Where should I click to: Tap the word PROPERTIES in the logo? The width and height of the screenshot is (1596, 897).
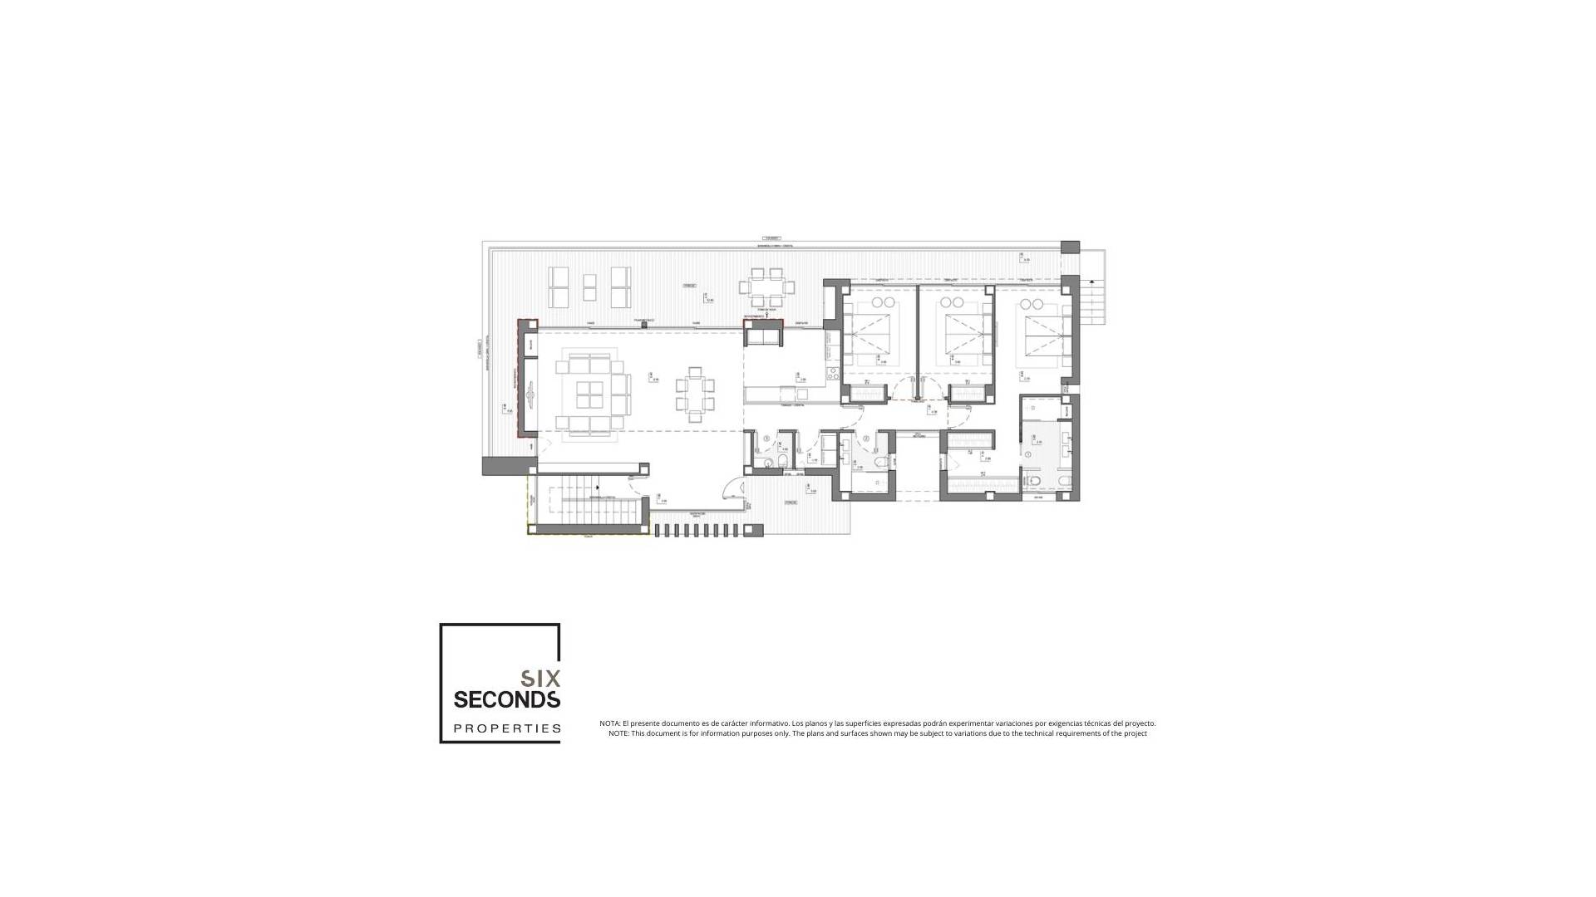(x=507, y=728)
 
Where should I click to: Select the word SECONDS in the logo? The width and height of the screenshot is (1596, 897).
(x=507, y=700)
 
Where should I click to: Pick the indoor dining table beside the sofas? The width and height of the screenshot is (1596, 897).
(x=694, y=395)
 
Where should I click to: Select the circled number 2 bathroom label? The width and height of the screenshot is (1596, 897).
(x=866, y=439)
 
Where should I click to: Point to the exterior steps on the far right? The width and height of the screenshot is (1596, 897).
(x=1092, y=302)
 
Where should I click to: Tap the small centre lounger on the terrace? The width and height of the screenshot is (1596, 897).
(x=589, y=287)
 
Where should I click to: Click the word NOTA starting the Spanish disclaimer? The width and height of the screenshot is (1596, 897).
(x=609, y=723)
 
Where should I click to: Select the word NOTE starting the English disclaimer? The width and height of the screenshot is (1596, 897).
(x=618, y=733)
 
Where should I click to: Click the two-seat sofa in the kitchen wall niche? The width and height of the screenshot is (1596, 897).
(x=763, y=336)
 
